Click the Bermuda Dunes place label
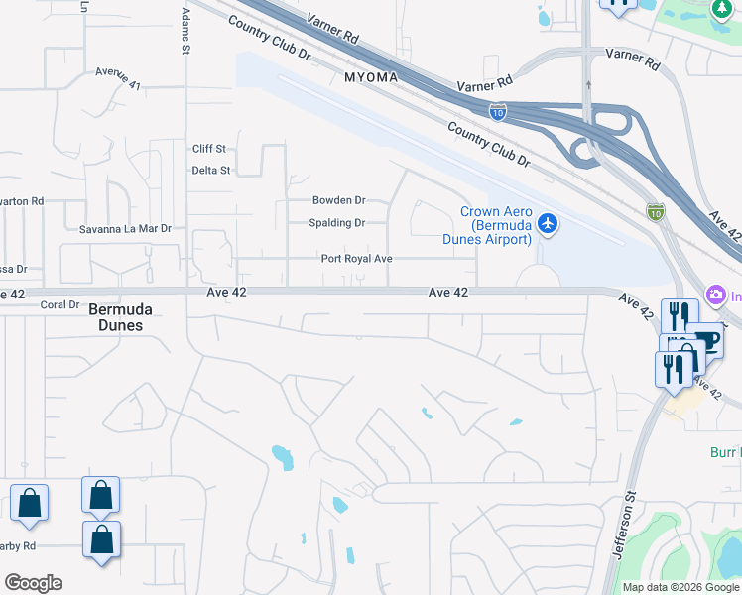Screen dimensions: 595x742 tap(121, 316)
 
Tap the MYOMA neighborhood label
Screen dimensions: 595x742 tap(371, 77)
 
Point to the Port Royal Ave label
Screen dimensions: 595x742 tap(357, 259)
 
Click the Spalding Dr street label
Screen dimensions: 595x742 tap(337, 223)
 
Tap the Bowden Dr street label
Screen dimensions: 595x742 tap(339, 200)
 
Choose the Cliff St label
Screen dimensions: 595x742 tap(209, 149)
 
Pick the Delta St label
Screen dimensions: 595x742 tap(210, 171)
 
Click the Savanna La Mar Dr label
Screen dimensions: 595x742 tap(125, 229)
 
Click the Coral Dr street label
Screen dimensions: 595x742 tap(60, 305)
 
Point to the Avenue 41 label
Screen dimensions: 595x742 tap(118, 78)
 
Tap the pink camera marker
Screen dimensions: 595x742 tap(714, 295)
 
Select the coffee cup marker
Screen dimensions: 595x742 tap(707, 340)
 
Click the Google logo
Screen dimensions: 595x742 tap(33, 583)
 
